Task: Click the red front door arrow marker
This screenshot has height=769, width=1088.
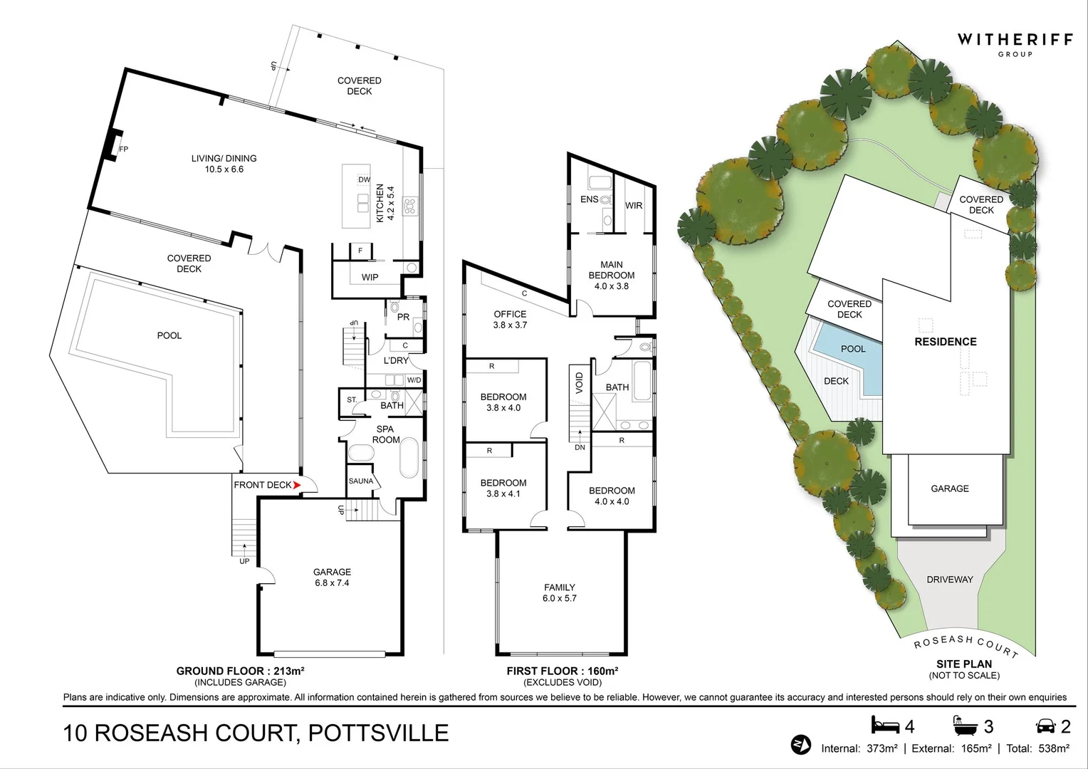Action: tap(297, 485)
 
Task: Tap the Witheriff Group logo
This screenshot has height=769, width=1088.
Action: tap(1015, 46)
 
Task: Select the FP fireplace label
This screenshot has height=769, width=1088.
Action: tap(124, 149)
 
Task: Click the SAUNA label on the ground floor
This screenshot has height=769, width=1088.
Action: tap(361, 481)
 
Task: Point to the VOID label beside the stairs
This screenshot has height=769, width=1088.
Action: tap(579, 383)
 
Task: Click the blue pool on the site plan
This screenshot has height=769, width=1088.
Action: tap(852, 357)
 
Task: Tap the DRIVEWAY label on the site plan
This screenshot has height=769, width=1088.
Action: tap(950, 579)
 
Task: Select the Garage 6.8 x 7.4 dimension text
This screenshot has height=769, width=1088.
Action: tap(332, 583)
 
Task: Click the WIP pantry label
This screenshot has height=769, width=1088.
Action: tap(370, 278)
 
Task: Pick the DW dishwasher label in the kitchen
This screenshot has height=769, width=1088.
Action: tap(365, 179)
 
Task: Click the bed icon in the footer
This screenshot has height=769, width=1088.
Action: tap(886, 726)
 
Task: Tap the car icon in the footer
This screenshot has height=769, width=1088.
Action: tap(1045, 726)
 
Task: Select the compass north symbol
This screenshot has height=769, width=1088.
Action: tap(800, 746)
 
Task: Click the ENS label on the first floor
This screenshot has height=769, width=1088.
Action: tap(589, 199)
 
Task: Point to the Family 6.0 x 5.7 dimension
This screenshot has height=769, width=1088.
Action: tap(560, 599)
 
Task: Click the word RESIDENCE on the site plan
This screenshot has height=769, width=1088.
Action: tap(945, 342)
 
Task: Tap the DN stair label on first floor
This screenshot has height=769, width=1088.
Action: tap(580, 447)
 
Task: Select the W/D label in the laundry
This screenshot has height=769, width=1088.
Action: tap(414, 380)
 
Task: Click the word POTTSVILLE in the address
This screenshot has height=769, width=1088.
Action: tap(378, 733)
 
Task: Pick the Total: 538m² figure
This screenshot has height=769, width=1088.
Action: tap(1037, 748)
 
